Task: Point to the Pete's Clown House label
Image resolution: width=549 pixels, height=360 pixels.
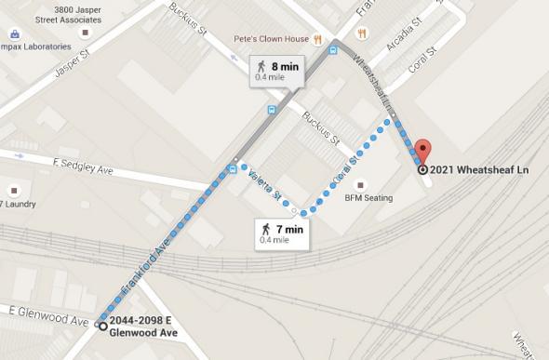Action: pos(270,40)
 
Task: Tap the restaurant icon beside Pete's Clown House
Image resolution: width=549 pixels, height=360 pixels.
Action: pos(318,40)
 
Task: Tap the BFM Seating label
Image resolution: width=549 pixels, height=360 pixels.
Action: pos(368,197)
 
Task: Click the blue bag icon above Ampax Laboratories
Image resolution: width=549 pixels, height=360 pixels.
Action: pos(15,34)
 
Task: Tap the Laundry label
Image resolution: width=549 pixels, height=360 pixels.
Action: pos(19,203)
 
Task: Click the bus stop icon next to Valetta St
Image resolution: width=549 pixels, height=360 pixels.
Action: pos(232,169)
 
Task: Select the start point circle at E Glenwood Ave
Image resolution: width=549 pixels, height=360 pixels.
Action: pos(102,325)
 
